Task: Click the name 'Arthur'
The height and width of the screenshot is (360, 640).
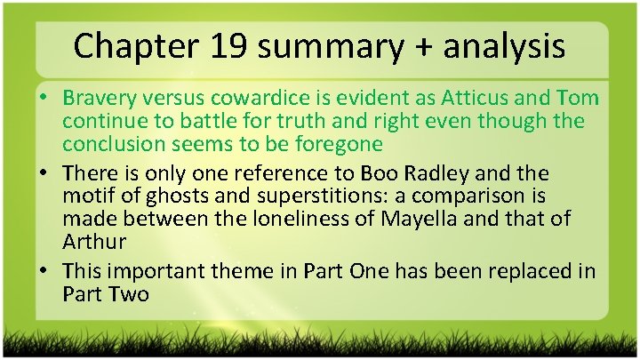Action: tap(92, 240)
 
